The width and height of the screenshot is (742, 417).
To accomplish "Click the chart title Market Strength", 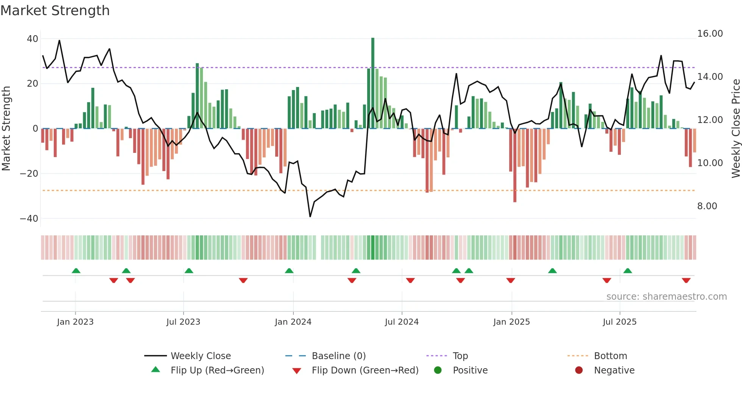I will [x=55, y=11].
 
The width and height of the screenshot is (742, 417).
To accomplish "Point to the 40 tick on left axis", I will [x=33, y=39].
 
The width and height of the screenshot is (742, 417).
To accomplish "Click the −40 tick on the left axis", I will [x=29, y=218].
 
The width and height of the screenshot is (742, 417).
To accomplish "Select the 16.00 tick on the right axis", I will [x=710, y=34].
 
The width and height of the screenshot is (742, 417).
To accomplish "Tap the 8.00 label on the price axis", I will [x=707, y=206].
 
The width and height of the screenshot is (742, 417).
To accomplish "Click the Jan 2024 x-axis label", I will [x=293, y=322].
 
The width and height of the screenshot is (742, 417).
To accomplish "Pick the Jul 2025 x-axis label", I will [x=619, y=322].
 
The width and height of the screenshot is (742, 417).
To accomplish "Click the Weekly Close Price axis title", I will [x=736, y=129].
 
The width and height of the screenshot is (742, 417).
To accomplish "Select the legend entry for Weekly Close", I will [x=200, y=356].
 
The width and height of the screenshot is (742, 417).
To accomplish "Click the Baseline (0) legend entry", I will [x=338, y=356].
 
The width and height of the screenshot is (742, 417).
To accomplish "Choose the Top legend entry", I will [x=460, y=356].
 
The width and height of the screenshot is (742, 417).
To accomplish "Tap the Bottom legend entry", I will [x=610, y=356].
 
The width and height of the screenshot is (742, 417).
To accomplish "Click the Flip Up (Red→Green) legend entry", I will [x=217, y=370].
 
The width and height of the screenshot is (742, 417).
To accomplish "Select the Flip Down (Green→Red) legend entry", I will [x=365, y=370].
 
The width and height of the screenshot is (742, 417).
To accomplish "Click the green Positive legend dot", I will [x=438, y=370].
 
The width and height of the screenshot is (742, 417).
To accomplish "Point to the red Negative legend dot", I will [x=579, y=370].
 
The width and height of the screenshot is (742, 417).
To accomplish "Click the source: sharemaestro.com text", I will [x=666, y=297].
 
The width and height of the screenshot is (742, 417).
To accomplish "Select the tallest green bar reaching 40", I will [x=373, y=83].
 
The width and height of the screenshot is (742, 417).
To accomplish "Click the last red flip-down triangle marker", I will [x=686, y=280].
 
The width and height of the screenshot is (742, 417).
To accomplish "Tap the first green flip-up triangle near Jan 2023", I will [x=76, y=271].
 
